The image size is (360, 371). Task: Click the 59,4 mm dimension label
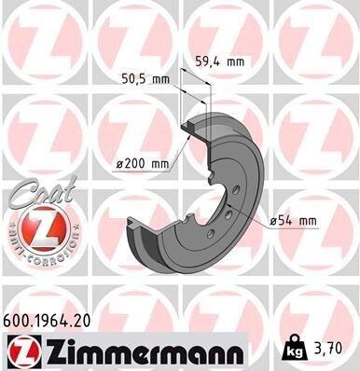(x=219, y=62)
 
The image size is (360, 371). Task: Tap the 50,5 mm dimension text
(x=145, y=79)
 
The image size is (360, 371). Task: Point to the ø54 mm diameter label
(x=293, y=221)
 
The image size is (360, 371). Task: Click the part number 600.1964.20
(x=47, y=321)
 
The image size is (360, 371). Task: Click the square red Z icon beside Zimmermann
(x=24, y=351)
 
